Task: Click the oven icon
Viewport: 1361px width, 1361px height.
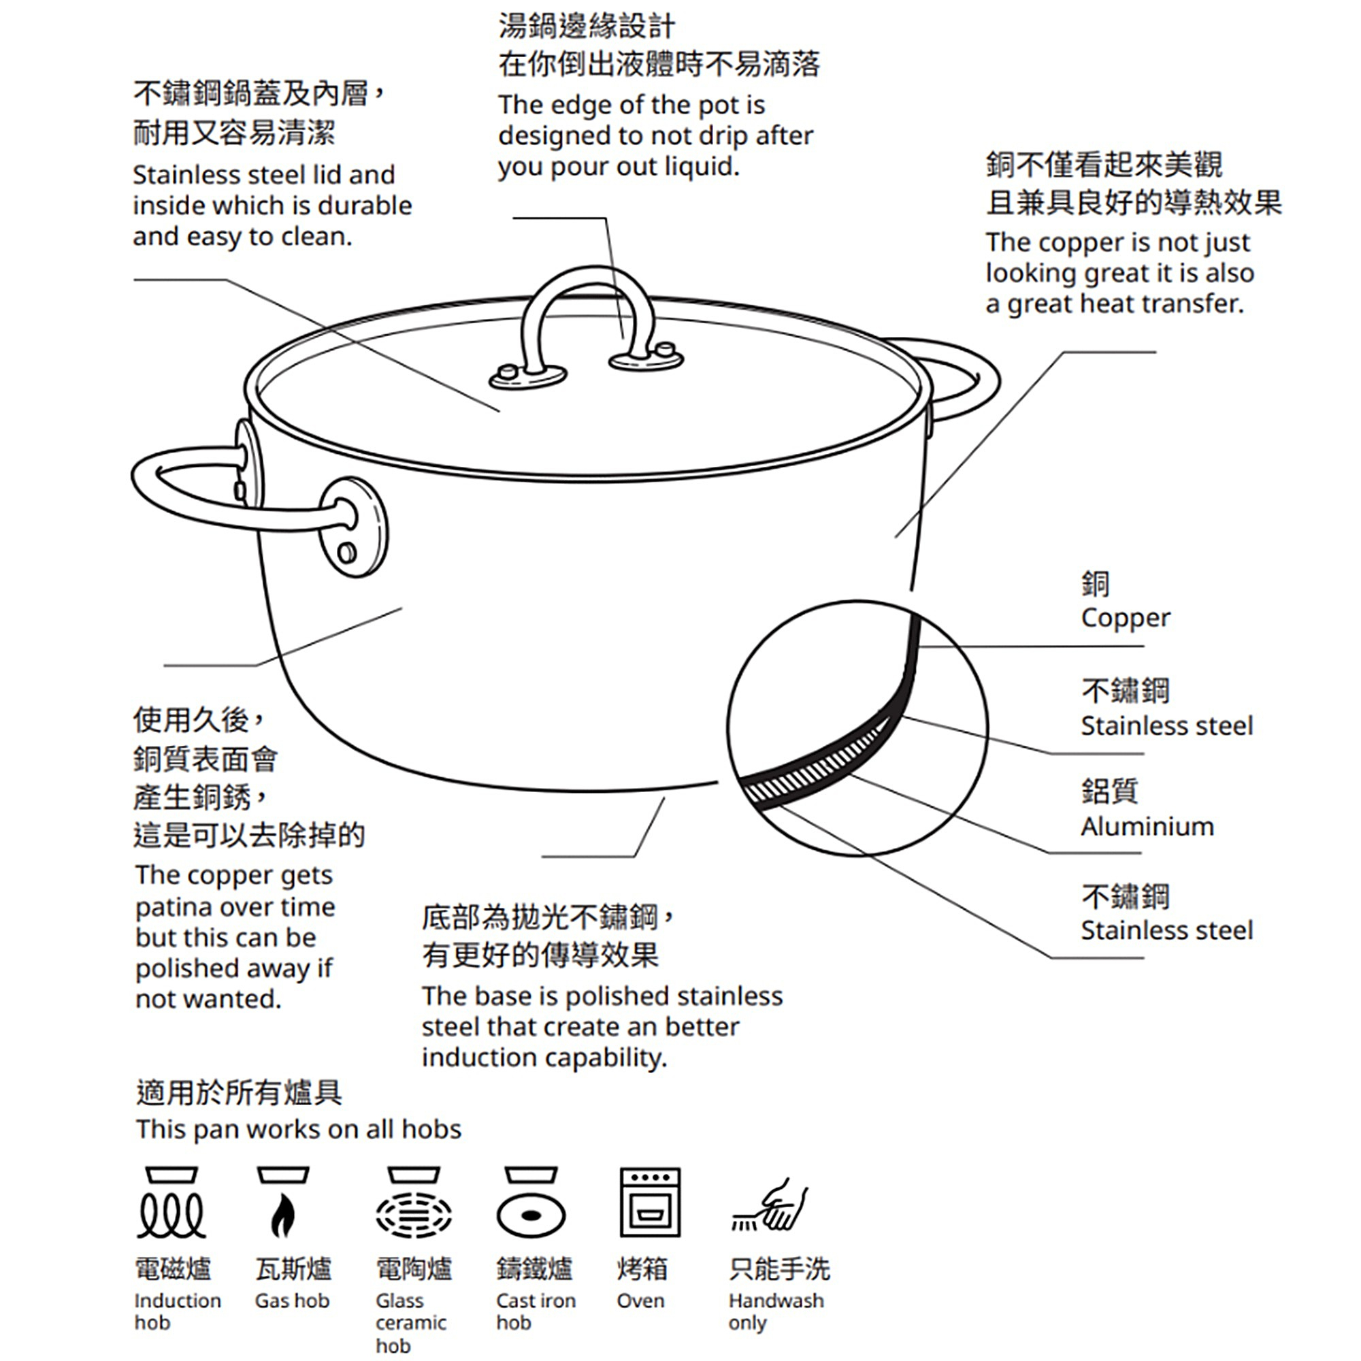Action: pyautogui.click(x=649, y=1202)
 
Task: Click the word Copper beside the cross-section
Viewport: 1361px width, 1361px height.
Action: pyautogui.click(x=1125, y=618)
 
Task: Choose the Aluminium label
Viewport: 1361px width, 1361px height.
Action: pyautogui.click(x=1147, y=826)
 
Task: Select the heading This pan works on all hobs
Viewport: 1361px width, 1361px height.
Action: pyautogui.click(x=298, y=1129)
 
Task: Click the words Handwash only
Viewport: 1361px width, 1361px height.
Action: pyautogui.click(x=775, y=1312)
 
